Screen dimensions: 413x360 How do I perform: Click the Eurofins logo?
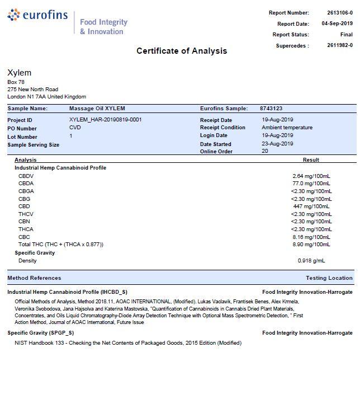38,15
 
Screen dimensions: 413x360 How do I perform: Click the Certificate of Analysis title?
182,51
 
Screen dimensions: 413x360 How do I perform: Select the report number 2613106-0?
340,13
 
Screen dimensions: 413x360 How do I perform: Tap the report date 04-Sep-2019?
337,24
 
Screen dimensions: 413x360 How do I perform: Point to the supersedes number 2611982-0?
340,46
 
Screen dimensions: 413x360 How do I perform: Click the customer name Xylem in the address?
19,73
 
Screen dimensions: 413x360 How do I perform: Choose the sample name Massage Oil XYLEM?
97,109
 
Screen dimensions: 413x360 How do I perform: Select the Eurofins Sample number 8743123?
271,109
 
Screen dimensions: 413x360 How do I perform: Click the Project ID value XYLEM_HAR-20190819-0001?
105,120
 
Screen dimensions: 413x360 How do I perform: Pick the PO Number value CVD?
75,128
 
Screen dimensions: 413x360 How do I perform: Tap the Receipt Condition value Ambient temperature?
287,128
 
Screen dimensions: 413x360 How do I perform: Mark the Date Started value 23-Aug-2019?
277,144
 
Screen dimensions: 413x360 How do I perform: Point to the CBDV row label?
26,176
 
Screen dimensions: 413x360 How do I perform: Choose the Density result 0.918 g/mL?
311,261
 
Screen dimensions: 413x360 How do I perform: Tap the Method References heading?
34,278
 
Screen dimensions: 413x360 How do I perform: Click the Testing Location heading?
329,278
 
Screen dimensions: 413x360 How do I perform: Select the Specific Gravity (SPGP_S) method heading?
40,333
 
